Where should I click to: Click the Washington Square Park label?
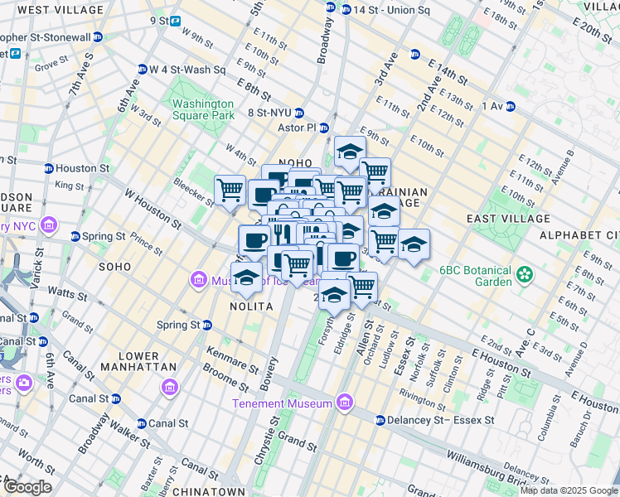[203, 111]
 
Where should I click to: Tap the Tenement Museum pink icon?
[344, 403]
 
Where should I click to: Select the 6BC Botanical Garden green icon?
[524, 273]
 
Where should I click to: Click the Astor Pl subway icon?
[324, 128]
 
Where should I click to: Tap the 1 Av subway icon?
[511, 106]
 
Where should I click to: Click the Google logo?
[27, 486]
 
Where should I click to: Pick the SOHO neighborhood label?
[114, 267]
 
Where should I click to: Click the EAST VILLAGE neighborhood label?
[508, 219]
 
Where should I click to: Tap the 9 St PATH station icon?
[176, 21]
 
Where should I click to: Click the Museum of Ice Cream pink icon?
[199, 281]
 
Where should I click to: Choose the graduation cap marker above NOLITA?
[246, 277]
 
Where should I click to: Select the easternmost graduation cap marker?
[414, 244]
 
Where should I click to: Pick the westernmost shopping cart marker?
[230, 189]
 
